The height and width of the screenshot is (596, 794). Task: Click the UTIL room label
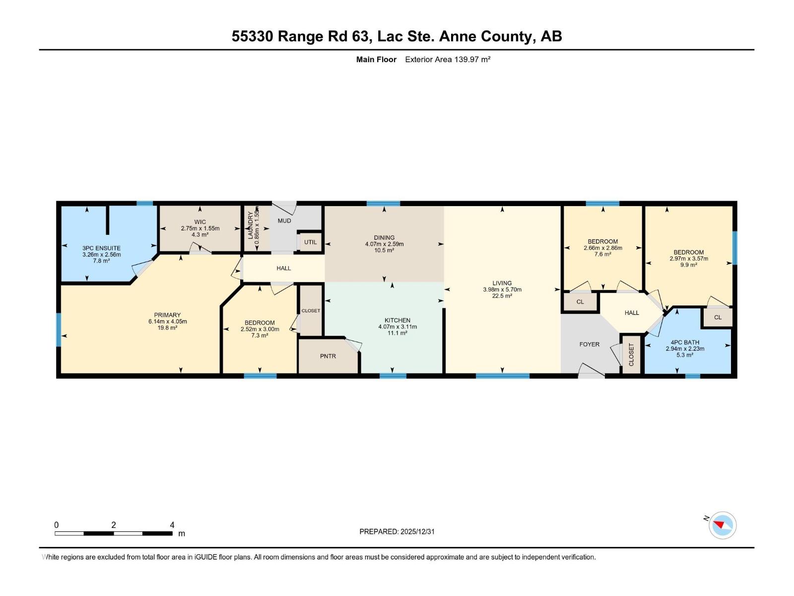coord(310,242)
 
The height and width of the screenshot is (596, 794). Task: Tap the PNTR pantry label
coord(328,356)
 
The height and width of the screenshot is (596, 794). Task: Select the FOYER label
coord(589,344)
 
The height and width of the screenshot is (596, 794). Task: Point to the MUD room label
coord(284,221)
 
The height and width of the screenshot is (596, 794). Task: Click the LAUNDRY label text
coord(250,225)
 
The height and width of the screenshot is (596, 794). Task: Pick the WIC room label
coord(200,222)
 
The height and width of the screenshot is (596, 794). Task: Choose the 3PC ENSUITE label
coord(101,248)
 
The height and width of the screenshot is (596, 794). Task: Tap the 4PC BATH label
coord(685,342)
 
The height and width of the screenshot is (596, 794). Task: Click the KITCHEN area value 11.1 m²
coord(397,333)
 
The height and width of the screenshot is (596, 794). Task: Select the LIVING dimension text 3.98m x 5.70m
coord(502,290)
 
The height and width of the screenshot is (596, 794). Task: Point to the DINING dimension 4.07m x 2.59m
coord(384,244)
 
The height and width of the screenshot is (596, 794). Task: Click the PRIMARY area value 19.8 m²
coord(167,328)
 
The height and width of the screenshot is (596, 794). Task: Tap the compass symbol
coord(722,525)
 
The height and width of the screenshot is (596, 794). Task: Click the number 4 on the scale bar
coord(172,524)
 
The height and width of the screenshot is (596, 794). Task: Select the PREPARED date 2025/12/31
coord(417,531)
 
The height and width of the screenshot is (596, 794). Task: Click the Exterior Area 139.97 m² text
coord(448,59)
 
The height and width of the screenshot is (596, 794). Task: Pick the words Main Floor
coord(376,59)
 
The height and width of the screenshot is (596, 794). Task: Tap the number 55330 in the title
coord(252,36)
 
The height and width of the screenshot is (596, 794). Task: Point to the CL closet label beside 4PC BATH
coord(718,317)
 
